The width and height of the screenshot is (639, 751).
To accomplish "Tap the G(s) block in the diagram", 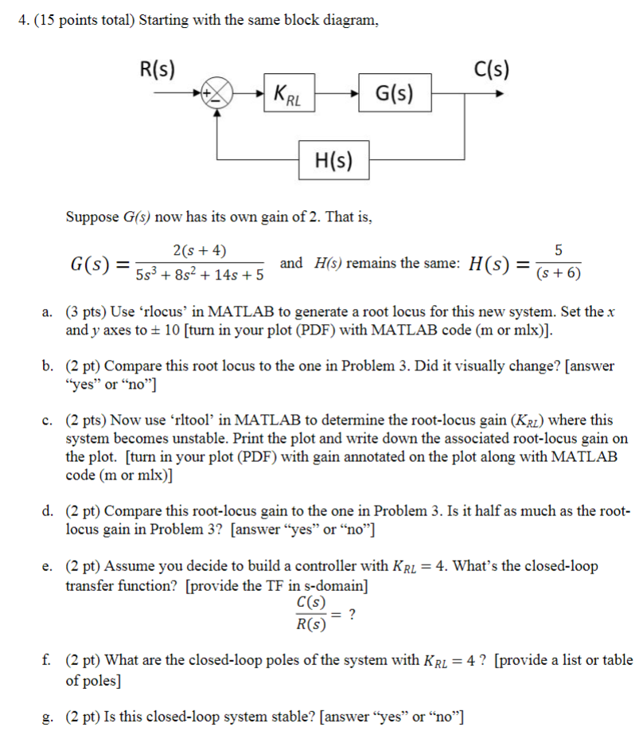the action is [x=395, y=95].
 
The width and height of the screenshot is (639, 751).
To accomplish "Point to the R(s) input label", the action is [x=157, y=68].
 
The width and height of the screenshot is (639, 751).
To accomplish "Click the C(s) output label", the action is [x=491, y=68].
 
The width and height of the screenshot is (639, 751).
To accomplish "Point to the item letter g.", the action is [x=49, y=714].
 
